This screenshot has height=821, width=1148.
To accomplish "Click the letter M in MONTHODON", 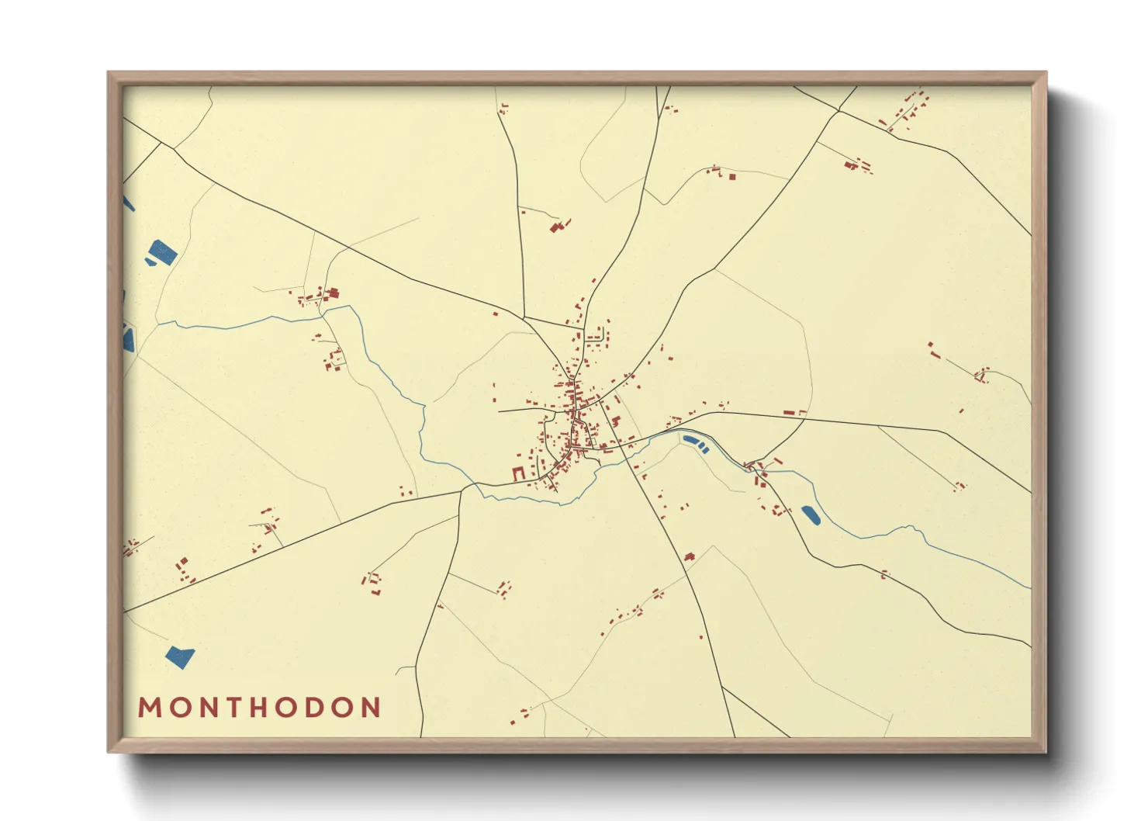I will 148,708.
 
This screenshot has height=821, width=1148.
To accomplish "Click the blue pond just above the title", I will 179,657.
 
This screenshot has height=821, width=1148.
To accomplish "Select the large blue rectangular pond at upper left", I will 164,252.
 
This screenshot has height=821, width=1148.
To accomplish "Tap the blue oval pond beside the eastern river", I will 810,514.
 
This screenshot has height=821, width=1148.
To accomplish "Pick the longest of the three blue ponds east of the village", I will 690,441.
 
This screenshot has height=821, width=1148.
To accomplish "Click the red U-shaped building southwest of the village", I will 518,473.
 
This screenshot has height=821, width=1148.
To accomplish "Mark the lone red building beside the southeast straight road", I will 688,556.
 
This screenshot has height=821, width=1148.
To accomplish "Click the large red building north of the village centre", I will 555,227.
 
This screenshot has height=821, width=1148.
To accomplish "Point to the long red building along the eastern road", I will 789,413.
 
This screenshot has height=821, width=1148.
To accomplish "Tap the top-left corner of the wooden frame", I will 109,74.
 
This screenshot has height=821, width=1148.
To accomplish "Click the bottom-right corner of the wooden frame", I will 1045,750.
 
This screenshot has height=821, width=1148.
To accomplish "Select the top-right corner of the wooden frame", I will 1045,74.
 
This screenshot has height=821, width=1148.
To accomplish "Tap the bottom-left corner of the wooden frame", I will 109,750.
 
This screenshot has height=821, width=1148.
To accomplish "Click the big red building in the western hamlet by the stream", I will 334,293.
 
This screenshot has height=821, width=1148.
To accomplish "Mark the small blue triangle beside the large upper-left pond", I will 149,263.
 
